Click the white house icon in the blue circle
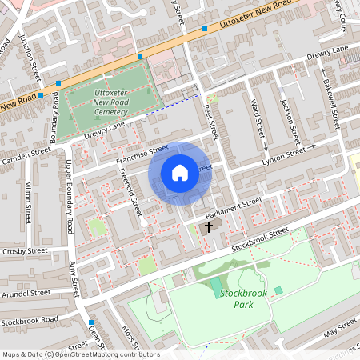180,172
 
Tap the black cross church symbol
209,227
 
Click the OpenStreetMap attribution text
80,354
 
